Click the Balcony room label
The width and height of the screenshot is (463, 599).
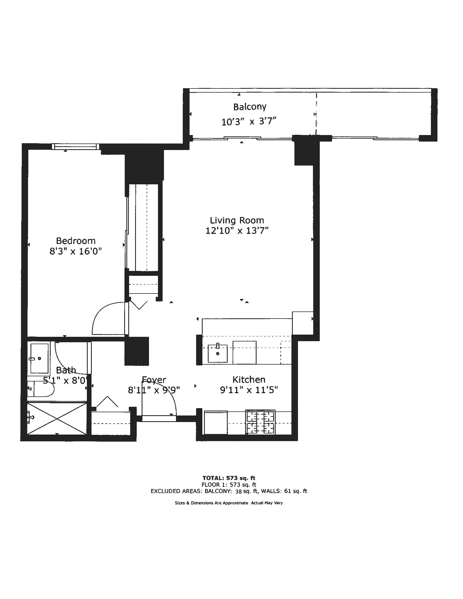click(x=249, y=107)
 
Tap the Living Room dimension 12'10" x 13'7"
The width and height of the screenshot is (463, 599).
click(x=237, y=231)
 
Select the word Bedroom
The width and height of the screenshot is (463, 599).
click(x=76, y=241)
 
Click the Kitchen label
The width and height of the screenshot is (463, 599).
click(x=249, y=380)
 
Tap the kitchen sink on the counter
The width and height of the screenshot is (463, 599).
click(x=218, y=353)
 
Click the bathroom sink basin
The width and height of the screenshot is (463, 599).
click(x=39, y=358)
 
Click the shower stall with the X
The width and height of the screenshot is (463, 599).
click(x=57, y=418)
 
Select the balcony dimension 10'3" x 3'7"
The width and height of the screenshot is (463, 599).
click(x=248, y=121)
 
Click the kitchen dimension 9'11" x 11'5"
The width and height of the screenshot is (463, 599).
click(x=249, y=390)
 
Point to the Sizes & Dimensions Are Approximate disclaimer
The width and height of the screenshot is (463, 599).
click(x=229, y=503)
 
